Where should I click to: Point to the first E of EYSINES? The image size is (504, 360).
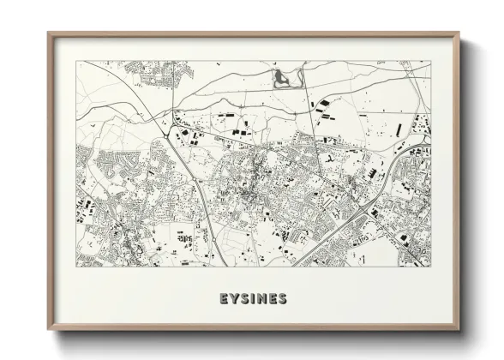click(x=223, y=299)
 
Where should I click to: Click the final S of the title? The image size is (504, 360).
click(x=284, y=299)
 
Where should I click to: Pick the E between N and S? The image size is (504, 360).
click(x=273, y=299)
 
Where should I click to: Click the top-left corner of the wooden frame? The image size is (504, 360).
click(x=49, y=33)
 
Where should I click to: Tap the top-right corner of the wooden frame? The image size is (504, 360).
click(x=459, y=33)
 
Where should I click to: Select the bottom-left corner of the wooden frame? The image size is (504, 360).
click(x=49, y=329)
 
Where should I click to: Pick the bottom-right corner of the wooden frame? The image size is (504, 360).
click(x=459, y=329)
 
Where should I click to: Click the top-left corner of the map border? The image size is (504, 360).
click(x=76, y=61)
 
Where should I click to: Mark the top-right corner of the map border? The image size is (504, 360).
click(x=431, y=61)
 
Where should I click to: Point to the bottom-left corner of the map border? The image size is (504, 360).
click(x=76, y=267)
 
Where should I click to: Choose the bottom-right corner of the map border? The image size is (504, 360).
click(x=431, y=267)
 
